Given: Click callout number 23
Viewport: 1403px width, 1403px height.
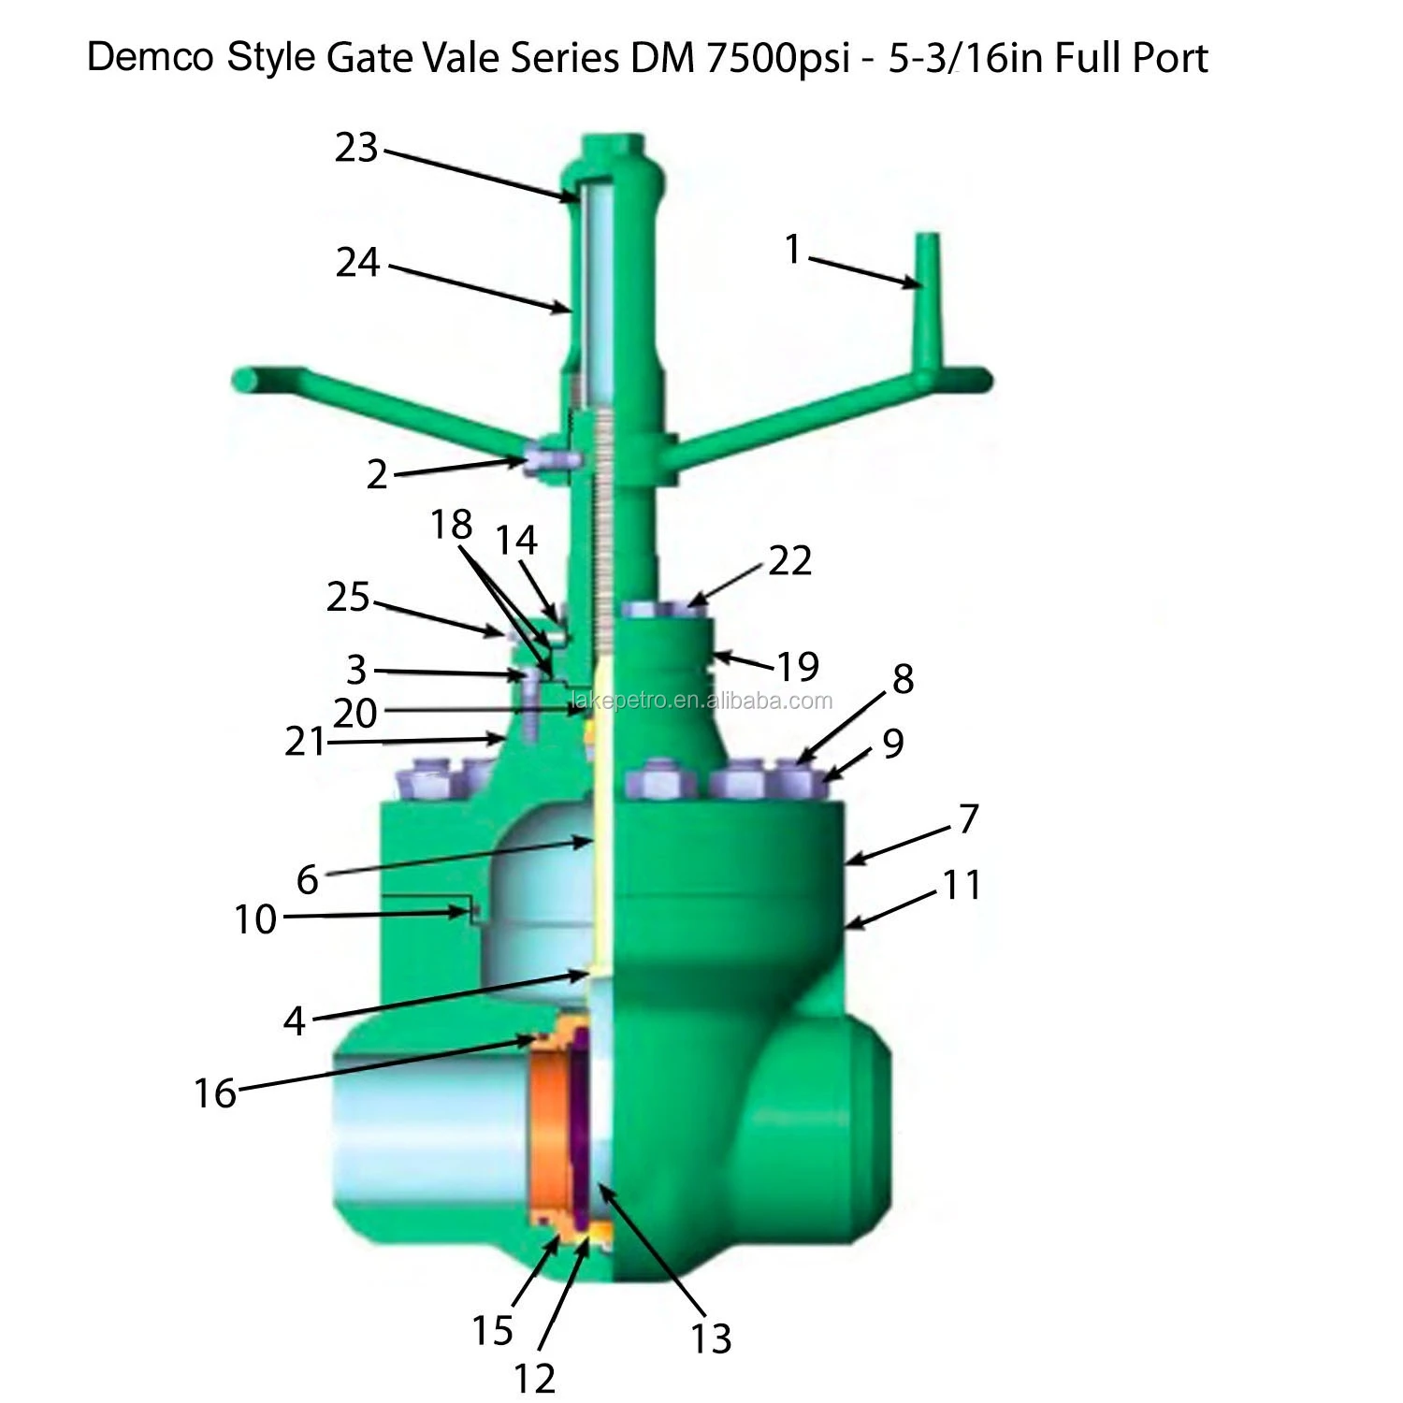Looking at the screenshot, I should pos(356,148).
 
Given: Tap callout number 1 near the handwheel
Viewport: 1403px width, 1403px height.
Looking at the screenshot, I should pos(792,250).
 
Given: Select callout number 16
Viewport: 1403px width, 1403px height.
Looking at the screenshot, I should pos(214,1092).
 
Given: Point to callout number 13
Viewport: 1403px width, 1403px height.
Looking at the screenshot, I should pos(711,1338).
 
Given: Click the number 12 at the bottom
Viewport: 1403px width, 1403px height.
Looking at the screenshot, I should pos(534,1378).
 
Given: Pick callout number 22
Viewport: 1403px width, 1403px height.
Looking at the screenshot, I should pos(789,559).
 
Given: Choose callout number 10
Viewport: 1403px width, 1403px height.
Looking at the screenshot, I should pos(254,919).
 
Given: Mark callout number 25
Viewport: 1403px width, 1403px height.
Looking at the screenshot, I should pos(348,597).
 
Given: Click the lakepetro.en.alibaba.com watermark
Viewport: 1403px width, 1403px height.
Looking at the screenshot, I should pos(701,701).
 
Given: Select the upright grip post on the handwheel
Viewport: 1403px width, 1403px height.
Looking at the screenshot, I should pos(929,299).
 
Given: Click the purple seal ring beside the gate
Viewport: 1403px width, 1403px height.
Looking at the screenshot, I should pos(579,1132).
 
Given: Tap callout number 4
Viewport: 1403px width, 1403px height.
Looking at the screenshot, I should pos(295,1020).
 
